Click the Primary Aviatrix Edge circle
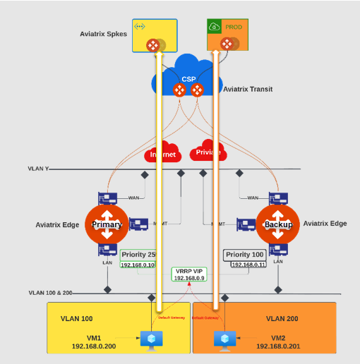click(107, 224)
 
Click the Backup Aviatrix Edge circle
click(278, 224)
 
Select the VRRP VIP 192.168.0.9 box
click(188, 274)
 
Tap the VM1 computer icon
click(150, 339)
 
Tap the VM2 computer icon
click(224, 339)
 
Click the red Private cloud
click(208, 152)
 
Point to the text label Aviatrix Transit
click(248, 89)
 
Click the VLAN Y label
click(40, 169)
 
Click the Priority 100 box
click(245, 254)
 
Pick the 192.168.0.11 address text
click(248, 264)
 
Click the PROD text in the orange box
click(234, 27)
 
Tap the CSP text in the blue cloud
click(188, 79)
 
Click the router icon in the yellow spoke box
click(152, 45)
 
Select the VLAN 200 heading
click(283, 318)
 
